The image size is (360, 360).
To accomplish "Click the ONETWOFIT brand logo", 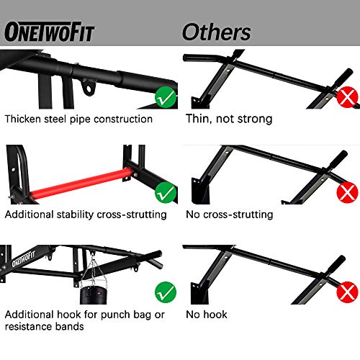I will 50,32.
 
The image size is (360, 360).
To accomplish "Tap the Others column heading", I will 216,32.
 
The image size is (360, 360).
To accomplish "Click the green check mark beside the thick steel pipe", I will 166,96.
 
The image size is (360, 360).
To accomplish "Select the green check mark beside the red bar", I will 166,191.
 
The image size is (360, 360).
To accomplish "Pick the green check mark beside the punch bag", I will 166,292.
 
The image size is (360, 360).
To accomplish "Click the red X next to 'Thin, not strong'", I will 348,96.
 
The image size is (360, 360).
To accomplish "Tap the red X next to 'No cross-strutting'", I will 348,192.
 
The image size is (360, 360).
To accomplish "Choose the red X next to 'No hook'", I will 348,292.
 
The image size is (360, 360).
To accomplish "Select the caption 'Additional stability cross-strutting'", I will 86,214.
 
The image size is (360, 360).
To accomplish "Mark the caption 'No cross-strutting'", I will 230,214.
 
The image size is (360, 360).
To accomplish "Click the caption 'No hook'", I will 207,315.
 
